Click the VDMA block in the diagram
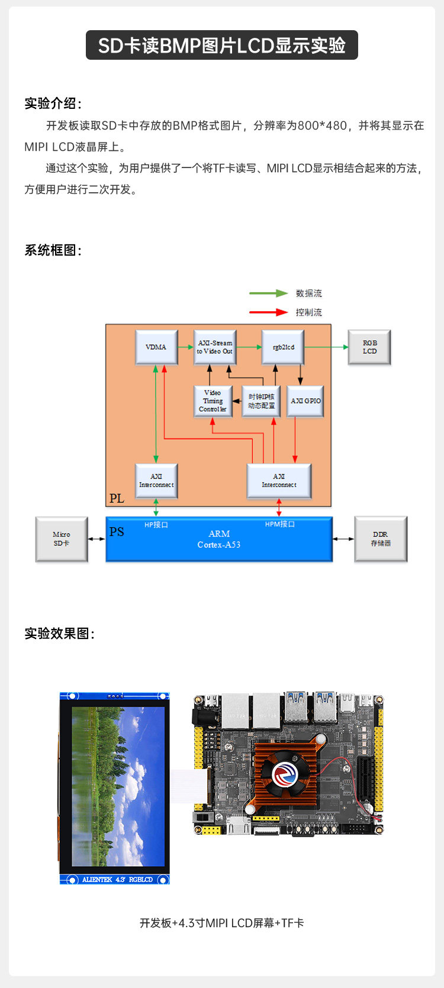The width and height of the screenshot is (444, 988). tap(156, 347)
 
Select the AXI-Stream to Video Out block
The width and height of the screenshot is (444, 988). tap(215, 347)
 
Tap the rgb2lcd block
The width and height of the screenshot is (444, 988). tap(283, 347)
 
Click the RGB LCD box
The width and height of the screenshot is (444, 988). tap(369, 347)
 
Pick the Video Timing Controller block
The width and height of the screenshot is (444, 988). tap(213, 401)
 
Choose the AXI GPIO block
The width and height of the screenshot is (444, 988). tap(305, 401)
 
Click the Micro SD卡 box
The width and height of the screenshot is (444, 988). tap(62, 539)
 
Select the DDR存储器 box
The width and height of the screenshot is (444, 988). tap(381, 539)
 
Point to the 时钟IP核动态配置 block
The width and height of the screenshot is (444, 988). tap(261, 401)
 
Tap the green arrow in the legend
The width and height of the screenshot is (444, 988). tap(268, 293)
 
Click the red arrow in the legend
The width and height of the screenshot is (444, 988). tap(268, 312)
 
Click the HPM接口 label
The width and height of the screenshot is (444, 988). tap(279, 524)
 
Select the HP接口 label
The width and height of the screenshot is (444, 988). tap(156, 525)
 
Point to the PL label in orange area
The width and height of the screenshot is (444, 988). tap(117, 498)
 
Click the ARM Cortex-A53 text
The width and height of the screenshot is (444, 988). tap(219, 539)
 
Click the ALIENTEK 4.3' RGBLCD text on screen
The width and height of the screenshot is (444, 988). tap(117, 880)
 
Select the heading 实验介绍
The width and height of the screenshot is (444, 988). tap(53, 104)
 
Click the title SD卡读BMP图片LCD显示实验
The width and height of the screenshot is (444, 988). tap(222, 46)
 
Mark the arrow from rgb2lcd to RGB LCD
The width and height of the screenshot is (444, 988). tap(326, 347)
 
